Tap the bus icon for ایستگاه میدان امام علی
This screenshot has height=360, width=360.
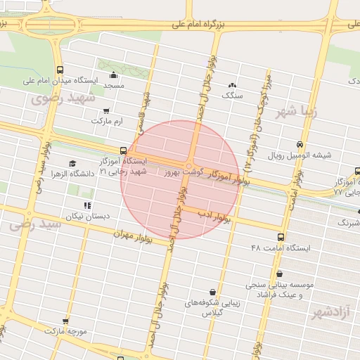[x=60, y=70]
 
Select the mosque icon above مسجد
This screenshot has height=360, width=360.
[x=114, y=75]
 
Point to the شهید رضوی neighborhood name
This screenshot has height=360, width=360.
[x=62, y=99]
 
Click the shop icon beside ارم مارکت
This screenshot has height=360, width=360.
[x=106, y=110]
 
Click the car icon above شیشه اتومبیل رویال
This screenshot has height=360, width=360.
[x=301, y=143]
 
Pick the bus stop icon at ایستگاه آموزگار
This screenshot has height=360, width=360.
[x=124, y=150]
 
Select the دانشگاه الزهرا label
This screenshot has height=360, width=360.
[x=48, y=173]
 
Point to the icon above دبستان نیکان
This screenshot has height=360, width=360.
[x=87, y=205]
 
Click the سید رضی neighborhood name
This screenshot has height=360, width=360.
[x=31, y=225]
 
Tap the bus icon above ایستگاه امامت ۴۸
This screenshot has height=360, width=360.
[x=281, y=238]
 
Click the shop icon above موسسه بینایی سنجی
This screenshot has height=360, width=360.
[x=279, y=274]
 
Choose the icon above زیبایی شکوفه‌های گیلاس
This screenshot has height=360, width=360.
[x=212, y=292]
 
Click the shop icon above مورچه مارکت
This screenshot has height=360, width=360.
[x=65, y=321]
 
